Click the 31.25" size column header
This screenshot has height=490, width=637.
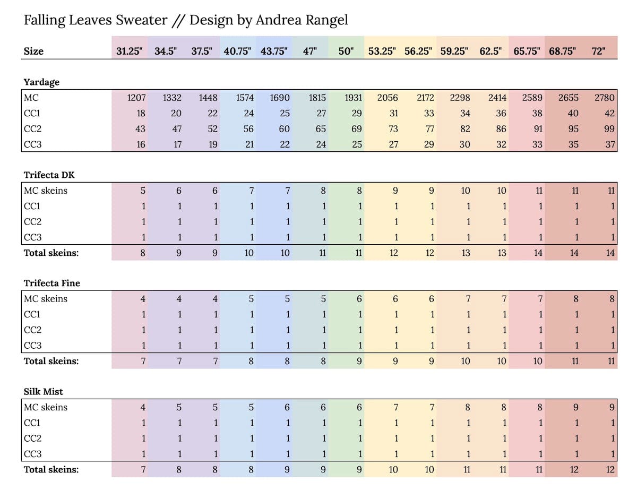pyautogui.click(x=130, y=51)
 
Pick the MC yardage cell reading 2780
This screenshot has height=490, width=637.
pyautogui.click(x=605, y=98)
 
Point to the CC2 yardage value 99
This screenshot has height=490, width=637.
pyautogui.click(x=609, y=128)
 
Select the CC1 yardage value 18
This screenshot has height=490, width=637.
pyautogui.click(x=140, y=113)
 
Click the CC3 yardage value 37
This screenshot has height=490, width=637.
pyautogui.click(x=609, y=144)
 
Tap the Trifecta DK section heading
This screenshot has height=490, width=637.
pyautogui.click(x=46, y=175)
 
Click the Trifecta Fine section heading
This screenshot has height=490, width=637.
pyautogui.click(x=51, y=283)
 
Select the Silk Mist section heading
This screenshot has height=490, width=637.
pyautogui.click(x=43, y=392)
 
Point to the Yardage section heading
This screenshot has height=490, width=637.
pyautogui.click(x=41, y=82)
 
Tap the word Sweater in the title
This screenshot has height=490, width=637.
pyautogui.click(x=142, y=21)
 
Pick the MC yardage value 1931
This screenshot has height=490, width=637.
pyautogui.click(x=354, y=98)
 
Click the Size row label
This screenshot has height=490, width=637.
pyautogui.click(x=33, y=51)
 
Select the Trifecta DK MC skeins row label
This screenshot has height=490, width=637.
pyautogui.click(x=46, y=191)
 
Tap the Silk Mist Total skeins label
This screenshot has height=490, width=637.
pyautogui.click(x=51, y=469)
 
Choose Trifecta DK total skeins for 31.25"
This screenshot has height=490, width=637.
pyautogui.click(x=142, y=253)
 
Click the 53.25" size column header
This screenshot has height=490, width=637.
pyautogui.click(x=382, y=51)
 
